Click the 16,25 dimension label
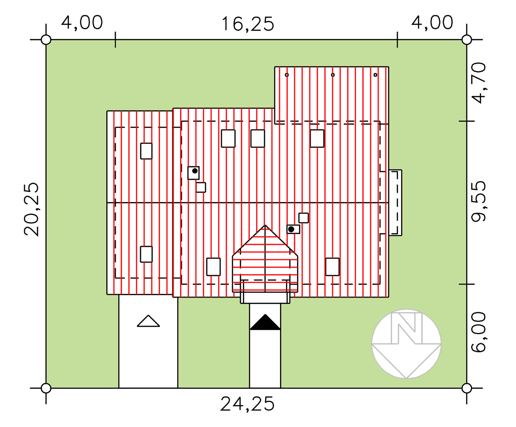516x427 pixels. [x=248, y=24]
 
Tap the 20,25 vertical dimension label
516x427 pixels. [x=31, y=210]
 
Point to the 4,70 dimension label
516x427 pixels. [x=479, y=83]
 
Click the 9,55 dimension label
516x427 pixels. [x=479, y=201]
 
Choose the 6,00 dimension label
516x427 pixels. [x=479, y=332]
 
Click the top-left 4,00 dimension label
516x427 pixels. [x=82, y=22]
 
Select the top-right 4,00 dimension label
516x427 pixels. [x=432, y=22]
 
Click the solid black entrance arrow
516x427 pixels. [x=265, y=322]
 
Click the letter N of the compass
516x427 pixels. [x=406, y=328]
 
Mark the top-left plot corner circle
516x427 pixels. [x=46, y=40]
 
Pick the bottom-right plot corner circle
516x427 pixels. [x=467, y=388]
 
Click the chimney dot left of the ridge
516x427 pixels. [x=195, y=171]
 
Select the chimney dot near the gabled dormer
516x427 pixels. [x=291, y=229]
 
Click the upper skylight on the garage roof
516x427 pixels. [x=146, y=151]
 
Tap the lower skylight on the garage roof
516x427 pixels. [x=146, y=254]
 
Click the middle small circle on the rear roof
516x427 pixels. [x=333, y=75]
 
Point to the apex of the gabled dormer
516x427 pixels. [x=265, y=225]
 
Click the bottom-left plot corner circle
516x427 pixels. [x=46, y=388]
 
